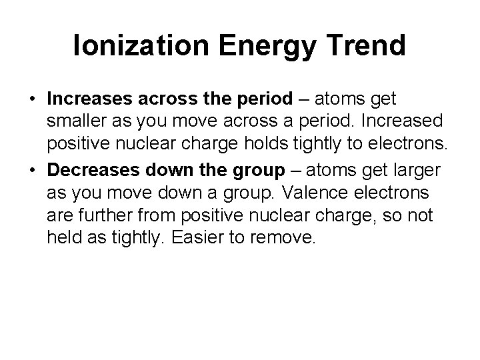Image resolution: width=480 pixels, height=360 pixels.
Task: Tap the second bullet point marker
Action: (x=33, y=171)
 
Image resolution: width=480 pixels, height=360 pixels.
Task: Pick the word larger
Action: (x=413, y=171)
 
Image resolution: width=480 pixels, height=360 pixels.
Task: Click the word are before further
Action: (x=61, y=216)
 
